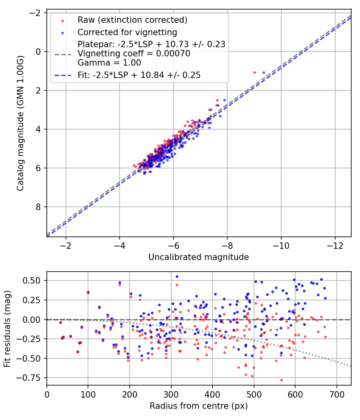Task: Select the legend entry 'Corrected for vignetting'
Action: [x=127, y=32]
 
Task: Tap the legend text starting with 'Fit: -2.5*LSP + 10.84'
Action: [x=139, y=75]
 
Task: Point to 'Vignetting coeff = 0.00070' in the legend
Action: [x=134, y=53]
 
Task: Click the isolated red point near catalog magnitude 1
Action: [x=254, y=72]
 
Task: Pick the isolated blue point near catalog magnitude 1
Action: [x=264, y=72]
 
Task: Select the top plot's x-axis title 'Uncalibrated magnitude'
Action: [x=198, y=257]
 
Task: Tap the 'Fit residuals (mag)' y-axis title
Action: [x=7, y=328]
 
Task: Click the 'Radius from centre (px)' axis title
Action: [x=198, y=406]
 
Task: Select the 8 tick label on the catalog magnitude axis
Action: [x=39, y=207]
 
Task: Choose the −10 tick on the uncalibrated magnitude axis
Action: [x=281, y=245]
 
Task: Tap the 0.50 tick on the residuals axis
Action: [x=34, y=280]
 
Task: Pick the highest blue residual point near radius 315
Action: [x=177, y=276]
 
